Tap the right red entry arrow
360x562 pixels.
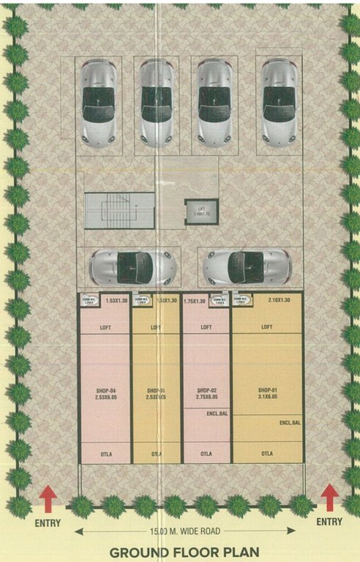point(329,498)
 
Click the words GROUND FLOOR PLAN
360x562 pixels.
point(180,552)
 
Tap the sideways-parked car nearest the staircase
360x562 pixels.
point(131,267)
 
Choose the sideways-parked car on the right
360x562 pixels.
point(246,267)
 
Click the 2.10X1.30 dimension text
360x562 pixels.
point(279,300)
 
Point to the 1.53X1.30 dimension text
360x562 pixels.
point(117,300)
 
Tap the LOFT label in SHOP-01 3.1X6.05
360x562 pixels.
point(266,327)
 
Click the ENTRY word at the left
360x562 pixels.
point(48,522)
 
